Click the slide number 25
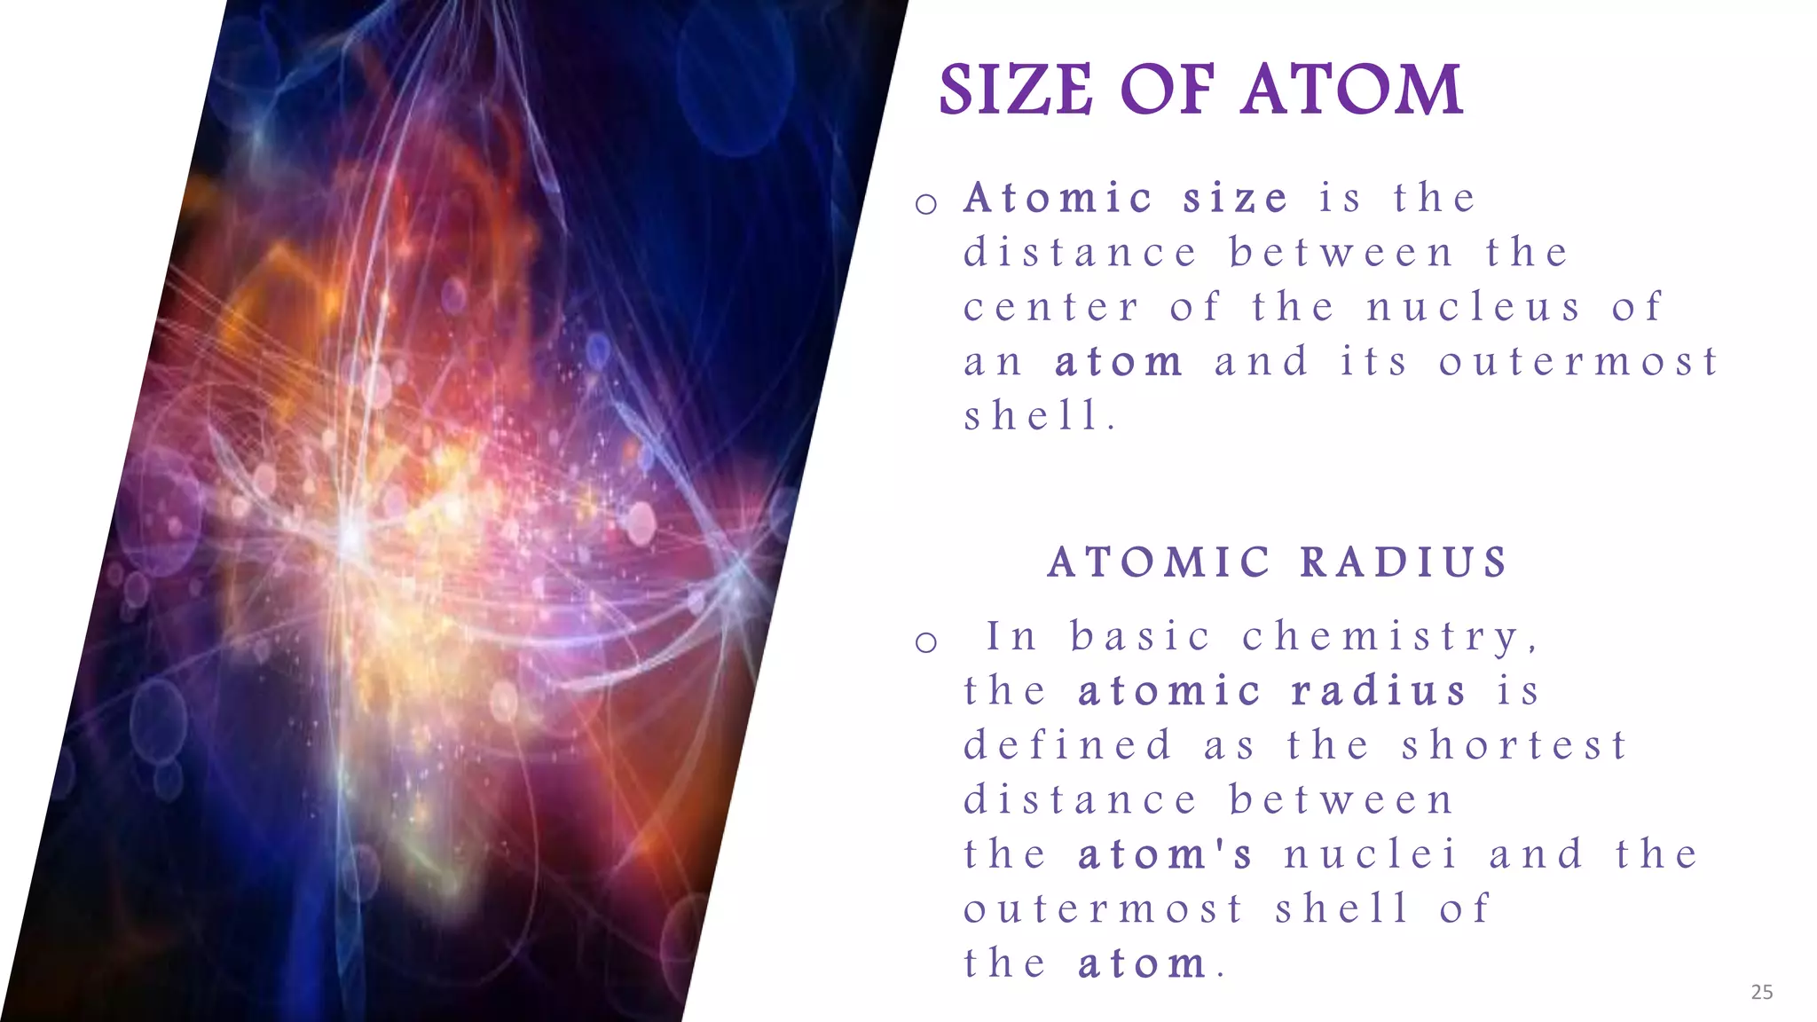coord(1762,992)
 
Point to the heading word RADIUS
coord(1404,562)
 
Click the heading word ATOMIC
coord(1160,562)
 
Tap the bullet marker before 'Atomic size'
coord(926,204)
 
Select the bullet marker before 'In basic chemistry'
coord(926,642)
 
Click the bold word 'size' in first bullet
coord(1235,198)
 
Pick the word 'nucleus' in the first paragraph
coord(1474,308)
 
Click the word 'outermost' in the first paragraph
coord(1579,362)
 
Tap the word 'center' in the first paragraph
coord(1051,308)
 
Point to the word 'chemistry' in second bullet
coord(1389,637)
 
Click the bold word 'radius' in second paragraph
coord(1379,691)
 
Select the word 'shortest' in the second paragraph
coord(1514,745)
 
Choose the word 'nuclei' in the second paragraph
coord(1371,854)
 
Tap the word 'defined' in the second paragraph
coord(1068,745)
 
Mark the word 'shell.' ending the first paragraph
coord(1039,416)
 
